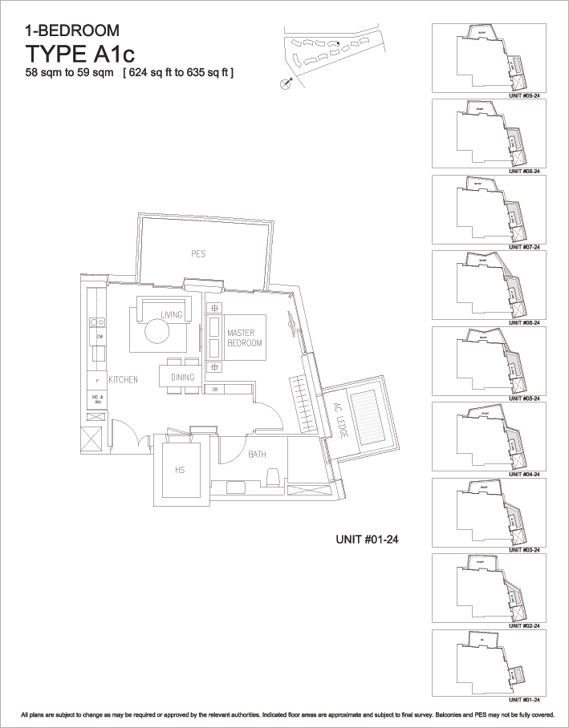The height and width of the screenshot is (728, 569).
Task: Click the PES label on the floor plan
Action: [198, 254]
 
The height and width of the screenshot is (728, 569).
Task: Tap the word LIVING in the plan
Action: [172, 314]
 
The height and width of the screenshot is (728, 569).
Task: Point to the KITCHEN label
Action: [124, 379]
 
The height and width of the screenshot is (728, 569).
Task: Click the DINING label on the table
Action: [182, 377]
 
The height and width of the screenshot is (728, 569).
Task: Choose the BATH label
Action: [257, 455]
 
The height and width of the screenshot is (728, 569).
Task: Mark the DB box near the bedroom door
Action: [215, 390]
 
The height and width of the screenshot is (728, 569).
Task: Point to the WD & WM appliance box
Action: [96, 398]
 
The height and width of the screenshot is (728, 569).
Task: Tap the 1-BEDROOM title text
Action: [72, 31]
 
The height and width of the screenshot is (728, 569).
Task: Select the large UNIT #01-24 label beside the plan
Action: [367, 540]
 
